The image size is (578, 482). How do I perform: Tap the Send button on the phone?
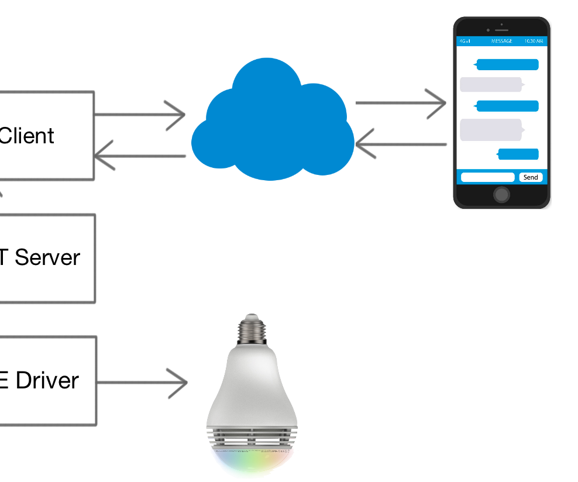point(531,177)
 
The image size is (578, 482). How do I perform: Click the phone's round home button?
point(501,195)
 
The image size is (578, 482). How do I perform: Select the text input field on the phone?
point(487,177)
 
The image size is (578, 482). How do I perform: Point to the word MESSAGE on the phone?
point(501,41)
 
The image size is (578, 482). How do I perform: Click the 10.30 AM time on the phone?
point(533,41)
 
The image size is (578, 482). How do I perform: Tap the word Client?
point(27,136)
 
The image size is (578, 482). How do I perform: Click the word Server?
point(47,257)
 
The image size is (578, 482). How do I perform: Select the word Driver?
point(47,381)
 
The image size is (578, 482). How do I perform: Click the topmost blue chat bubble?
point(507,64)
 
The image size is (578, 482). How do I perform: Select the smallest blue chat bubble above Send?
point(518,154)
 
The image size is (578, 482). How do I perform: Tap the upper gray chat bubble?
point(490,85)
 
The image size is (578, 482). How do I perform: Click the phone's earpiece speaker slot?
point(501,30)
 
